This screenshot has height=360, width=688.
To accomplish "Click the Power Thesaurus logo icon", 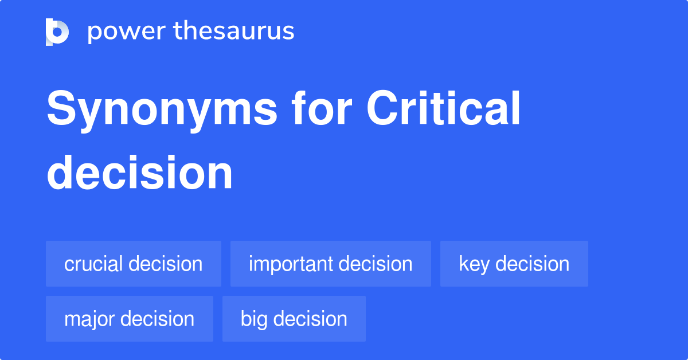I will point(57,32).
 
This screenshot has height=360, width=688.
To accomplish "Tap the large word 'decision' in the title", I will point(140,173).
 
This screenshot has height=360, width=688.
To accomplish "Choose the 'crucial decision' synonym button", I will point(133,264).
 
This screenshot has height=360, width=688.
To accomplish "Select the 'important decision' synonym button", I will point(330,264).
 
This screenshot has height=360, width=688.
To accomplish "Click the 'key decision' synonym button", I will point(514,264).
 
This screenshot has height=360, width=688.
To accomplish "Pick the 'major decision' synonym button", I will point(129,319).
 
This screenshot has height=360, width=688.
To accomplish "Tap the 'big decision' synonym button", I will point(294,319).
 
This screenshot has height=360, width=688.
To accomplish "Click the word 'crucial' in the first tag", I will point(93,264).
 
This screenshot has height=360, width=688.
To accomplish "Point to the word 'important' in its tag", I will point(291,264).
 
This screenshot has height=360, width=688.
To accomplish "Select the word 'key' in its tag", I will point(474,264).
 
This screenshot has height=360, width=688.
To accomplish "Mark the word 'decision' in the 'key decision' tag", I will point(533,264).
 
